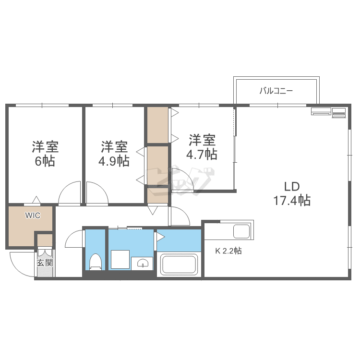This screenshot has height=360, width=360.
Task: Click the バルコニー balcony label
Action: pos(276,90)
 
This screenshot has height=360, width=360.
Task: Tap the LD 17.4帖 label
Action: pos(292,193)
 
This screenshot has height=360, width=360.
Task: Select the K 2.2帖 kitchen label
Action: pos(228,251)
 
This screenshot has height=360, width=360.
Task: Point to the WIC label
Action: pos(33,216)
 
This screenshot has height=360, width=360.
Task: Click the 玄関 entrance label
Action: pos(45,263)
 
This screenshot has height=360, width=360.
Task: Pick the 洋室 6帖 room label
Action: pos(45,153)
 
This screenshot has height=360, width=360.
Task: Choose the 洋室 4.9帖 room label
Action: pos(114,153)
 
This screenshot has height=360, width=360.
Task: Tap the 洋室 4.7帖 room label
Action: pos(202,146)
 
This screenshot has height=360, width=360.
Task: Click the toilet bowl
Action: pos(96,262)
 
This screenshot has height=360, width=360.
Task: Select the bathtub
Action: pos(180,264)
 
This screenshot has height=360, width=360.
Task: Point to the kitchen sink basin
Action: pos(241,231)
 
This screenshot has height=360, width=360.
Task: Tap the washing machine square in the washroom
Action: pos(120,260)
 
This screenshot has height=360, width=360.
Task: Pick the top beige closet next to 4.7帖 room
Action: pos(157,125)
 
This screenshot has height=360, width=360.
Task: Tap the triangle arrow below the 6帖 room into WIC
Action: pos(36,200)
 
